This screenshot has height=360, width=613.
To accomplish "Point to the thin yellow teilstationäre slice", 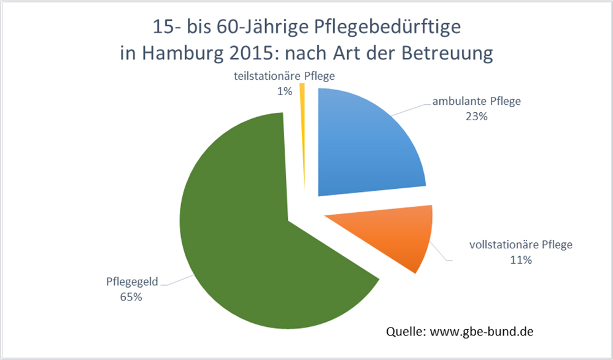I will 302,123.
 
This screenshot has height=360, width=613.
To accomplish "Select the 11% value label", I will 520,259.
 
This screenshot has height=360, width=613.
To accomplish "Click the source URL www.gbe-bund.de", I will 482,332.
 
